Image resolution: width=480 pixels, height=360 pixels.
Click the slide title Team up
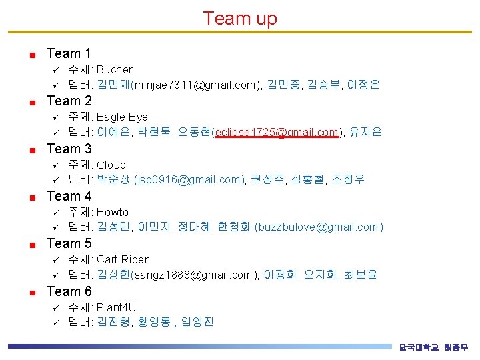point(240,18)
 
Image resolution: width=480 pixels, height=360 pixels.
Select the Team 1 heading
point(69,53)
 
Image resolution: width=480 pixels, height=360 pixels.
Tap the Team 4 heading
point(69,196)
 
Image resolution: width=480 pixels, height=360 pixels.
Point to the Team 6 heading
point(69,291)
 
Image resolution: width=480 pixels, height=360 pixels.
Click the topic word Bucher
point(115,69)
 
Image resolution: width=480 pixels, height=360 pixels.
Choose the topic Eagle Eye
point(122,117)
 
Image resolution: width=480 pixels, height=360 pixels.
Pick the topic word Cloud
point(111,165)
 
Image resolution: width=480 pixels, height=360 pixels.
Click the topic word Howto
point(113,212)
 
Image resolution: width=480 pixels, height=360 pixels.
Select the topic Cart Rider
point(123,259)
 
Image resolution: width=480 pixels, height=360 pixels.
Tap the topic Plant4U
point(116,307)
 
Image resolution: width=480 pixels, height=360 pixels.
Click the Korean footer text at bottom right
point(433,347)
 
